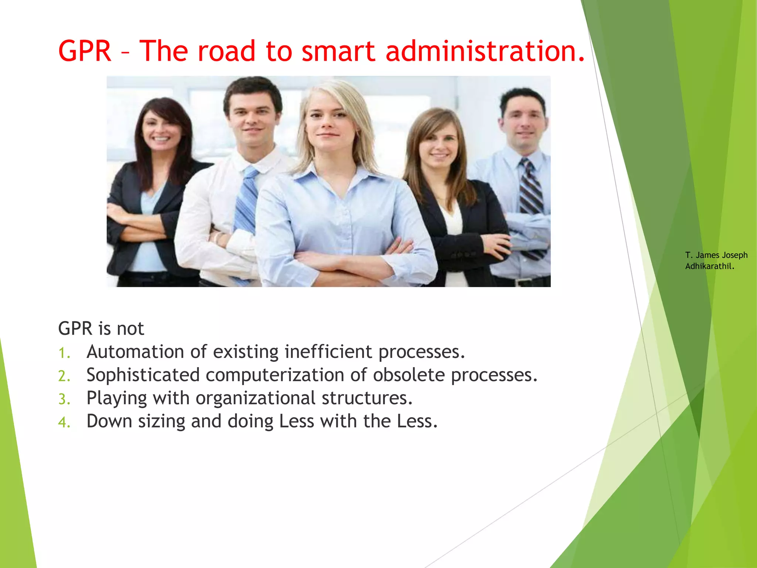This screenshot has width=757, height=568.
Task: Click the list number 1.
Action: pos(64,353)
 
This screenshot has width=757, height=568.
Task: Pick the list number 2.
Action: pos(64,376)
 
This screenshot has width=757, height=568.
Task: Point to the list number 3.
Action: pos(64,399)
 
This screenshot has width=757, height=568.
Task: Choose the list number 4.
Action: pos(64,422)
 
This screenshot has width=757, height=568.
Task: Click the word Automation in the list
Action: pos(135,352)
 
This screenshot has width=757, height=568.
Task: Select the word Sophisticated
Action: pos(143,375)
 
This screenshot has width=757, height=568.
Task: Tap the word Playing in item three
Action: pos(117,398)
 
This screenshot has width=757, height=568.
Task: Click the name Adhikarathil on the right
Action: pos(709,266)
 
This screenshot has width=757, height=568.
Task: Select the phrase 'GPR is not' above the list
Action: pos(101,328)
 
